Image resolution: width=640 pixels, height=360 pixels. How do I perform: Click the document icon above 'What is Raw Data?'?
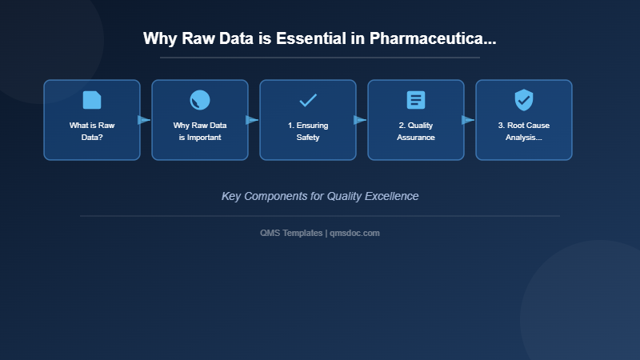click(x=92, y=100)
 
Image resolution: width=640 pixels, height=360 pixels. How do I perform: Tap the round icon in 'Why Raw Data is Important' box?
click(x=200, y=100)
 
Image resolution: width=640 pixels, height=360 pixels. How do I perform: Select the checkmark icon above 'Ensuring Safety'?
click(x=308, y=100)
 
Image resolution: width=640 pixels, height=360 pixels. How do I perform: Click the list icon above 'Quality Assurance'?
click(x=416, y=100)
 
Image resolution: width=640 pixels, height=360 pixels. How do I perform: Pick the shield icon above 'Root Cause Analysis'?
click(x=524, y=100)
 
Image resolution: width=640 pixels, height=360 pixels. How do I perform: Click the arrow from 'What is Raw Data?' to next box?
click(x=144, y=120)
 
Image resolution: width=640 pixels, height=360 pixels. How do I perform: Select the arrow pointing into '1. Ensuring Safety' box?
click(x=252, y=120)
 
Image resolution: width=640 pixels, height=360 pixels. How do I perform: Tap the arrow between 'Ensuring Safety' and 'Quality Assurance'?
click(x=360, y=120)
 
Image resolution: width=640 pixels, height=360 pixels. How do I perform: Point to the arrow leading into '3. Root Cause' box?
click(x=468, y=120)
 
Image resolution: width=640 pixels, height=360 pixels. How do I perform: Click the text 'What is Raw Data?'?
click(x=92, y=131)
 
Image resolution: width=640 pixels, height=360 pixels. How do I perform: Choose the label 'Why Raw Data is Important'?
click(x=200, y=131)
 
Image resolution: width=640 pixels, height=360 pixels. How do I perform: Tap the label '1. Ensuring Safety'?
click(x=308, y=131)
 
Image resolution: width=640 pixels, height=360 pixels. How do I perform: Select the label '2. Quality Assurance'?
click(x=416, y=131)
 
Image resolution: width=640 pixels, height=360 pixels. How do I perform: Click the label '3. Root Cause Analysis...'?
click(x=524, y=131)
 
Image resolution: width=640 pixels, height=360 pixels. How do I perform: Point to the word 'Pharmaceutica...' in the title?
click(x=433, y=38)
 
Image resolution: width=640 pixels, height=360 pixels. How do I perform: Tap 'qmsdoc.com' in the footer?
click(x=355, y=233)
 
